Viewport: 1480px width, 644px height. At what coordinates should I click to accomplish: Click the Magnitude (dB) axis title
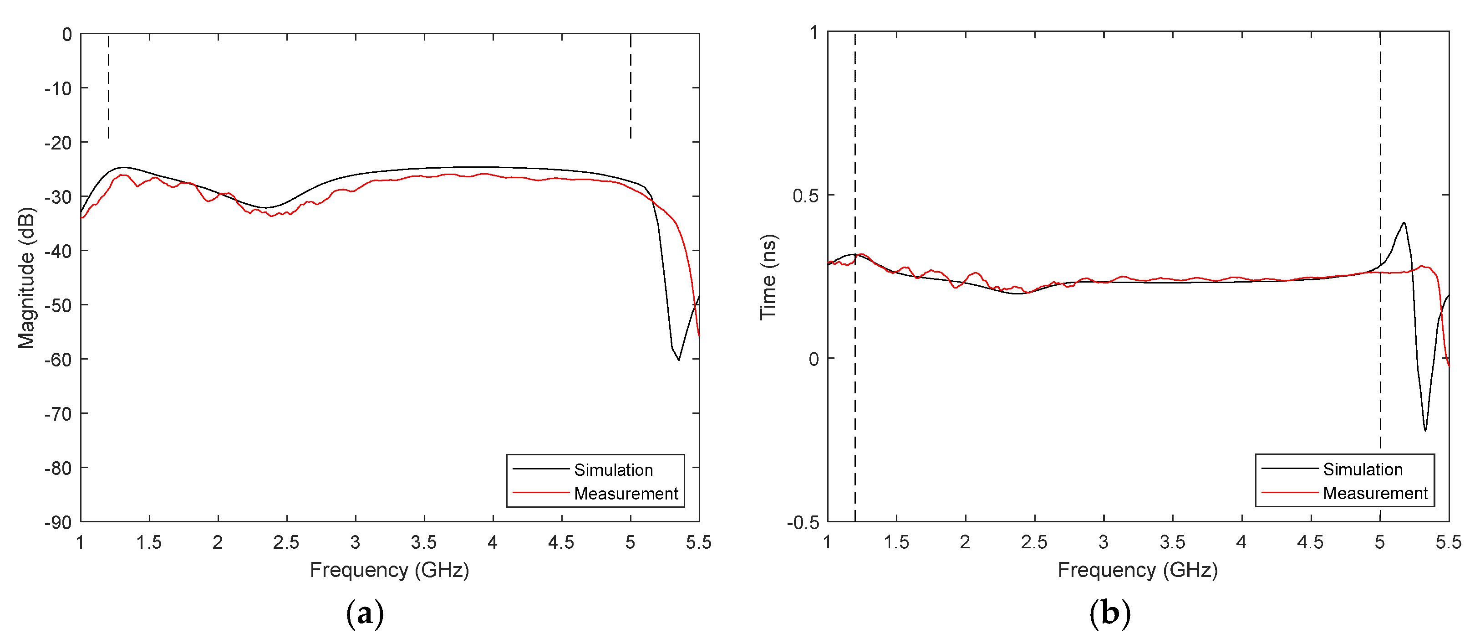tap(26, 278)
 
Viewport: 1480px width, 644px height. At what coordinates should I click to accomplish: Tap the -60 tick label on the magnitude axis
tap(59, 360)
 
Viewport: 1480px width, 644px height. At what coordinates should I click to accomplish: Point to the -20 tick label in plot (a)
tap(59, 143)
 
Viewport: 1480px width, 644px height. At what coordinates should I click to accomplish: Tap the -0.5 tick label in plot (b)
tap(803, 523)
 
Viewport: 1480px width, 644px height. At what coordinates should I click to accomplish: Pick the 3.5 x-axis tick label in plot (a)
tap(424, 542)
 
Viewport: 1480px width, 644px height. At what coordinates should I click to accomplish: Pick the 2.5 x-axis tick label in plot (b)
tap(1034, 542)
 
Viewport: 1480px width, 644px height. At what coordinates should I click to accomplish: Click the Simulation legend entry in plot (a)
tap(613, 470)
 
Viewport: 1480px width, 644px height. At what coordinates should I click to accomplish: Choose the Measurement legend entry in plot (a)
tap(626, 493)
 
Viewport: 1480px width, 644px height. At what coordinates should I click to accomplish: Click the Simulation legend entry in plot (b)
tap(1362, 469)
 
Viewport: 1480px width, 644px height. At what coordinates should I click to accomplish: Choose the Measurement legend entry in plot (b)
tap(1375, 493)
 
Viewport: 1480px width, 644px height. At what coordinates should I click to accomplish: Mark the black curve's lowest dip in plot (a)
tap(678, 360)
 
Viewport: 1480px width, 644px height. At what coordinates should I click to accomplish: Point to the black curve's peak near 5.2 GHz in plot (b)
tap(1404, 223)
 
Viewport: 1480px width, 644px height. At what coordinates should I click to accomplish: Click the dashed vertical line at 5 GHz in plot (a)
tap(630, 86)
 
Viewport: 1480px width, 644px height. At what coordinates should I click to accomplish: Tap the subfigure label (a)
tap(365, 614)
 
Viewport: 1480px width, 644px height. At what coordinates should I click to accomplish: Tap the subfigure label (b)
tap(1109, 614)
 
